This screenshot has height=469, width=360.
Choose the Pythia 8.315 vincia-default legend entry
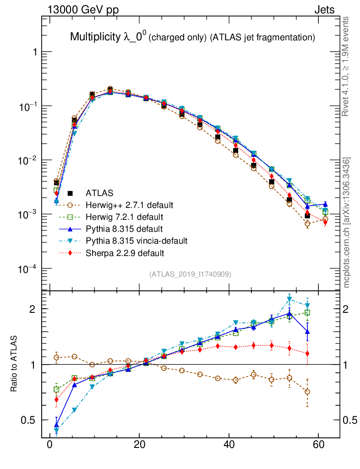point(136,240)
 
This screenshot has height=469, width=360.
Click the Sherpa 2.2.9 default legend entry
point(125,252)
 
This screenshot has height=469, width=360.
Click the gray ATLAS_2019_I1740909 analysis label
point(190,274)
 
